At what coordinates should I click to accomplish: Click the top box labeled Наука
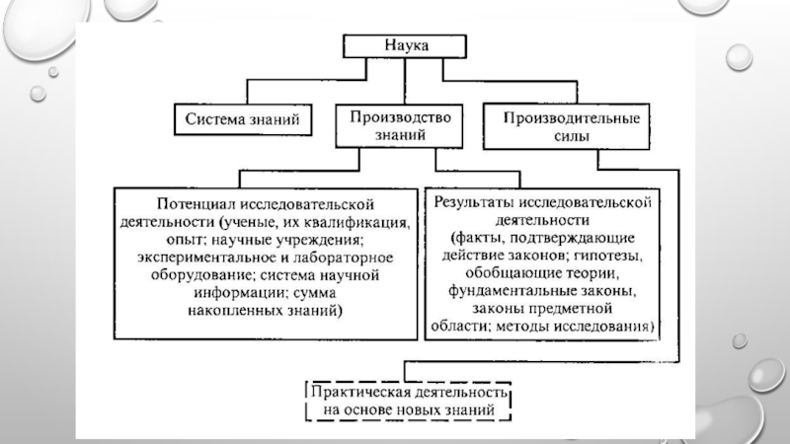pos(405,45)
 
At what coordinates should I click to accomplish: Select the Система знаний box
pos(243,119)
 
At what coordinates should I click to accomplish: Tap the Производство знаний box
pos(399,126)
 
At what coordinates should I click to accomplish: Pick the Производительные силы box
pos(566,126)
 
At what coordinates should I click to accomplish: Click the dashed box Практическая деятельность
pos(408,401)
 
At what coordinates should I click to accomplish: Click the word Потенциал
pos(196,204)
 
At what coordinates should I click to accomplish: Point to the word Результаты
pos(474,202)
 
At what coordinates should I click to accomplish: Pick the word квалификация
pos(368,222)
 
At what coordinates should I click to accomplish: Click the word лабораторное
pos(343,258)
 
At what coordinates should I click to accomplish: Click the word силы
pos(572,136)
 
